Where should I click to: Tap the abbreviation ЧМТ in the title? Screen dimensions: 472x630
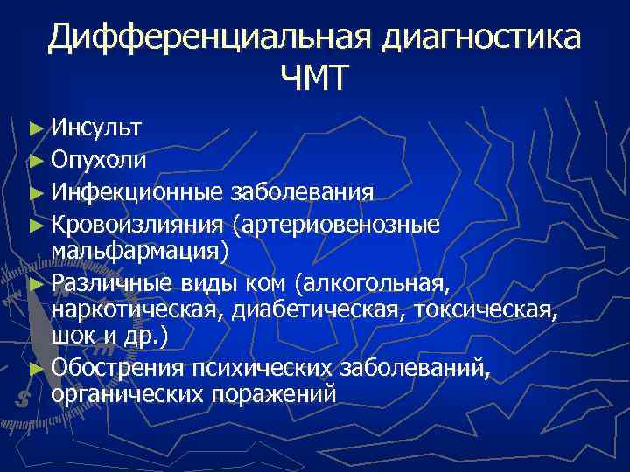(315, 80)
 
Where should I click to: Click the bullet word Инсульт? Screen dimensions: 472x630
(97, 129)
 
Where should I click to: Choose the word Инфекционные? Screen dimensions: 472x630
(137, 191)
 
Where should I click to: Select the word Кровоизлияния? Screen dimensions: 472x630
(138, 223)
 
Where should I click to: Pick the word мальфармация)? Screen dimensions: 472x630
(139, 252)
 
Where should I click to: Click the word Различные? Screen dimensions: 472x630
(111, 281)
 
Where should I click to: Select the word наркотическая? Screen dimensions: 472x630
(138, 310)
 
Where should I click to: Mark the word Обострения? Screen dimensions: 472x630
(117, 367)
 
